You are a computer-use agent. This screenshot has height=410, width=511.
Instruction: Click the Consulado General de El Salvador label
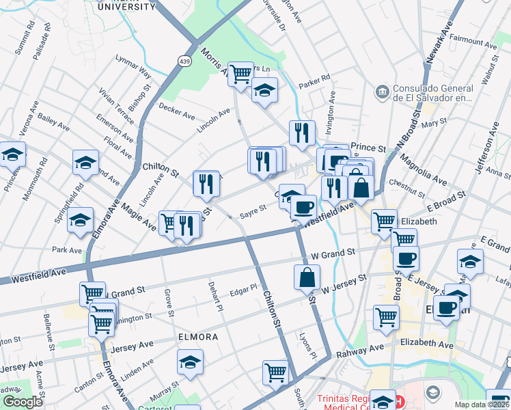click(434, 94)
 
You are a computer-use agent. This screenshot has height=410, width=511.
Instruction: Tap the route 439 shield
click(184, 61)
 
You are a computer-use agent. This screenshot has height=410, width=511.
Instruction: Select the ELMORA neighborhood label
click(198, 337)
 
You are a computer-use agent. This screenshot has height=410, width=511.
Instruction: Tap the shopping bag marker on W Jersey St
click(307, 277)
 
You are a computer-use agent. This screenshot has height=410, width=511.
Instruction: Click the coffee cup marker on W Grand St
click(406, 258)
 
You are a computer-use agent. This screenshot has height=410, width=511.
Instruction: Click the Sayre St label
click(252, 208)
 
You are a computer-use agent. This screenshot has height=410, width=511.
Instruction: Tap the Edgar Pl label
click(243, 289)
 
